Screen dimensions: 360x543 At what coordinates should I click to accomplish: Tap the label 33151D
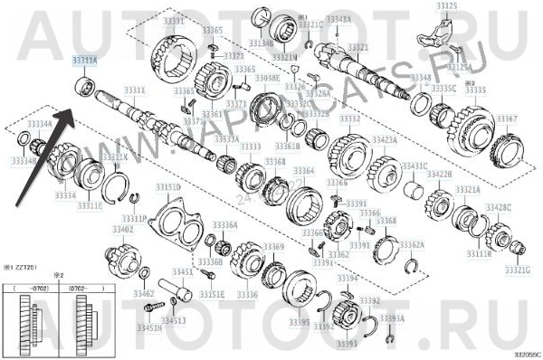point(167,186)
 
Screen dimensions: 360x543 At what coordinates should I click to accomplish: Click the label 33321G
point(518,270)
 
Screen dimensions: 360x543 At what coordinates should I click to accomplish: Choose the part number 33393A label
point(392,319)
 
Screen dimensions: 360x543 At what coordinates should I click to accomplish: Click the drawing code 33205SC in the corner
point(525,355)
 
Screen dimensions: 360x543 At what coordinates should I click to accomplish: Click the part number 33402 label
point(121,231)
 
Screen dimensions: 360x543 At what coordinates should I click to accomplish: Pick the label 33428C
point(496,207)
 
